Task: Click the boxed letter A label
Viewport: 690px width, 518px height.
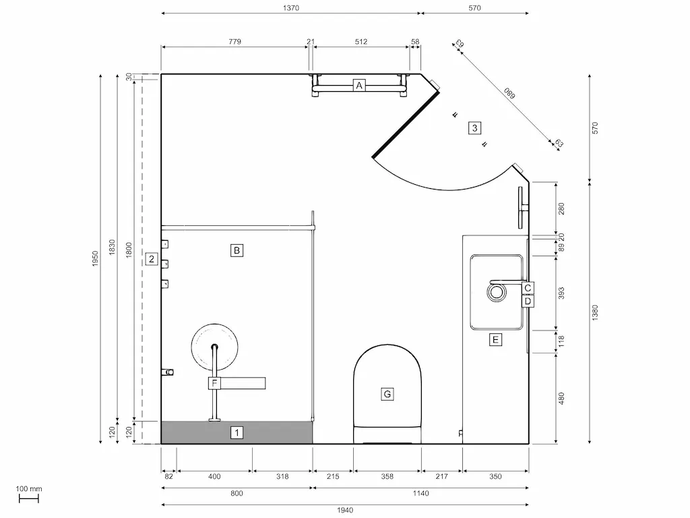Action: point(359,86)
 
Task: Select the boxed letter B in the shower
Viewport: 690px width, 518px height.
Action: point(237,251)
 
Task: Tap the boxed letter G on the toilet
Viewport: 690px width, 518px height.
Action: point(387,394)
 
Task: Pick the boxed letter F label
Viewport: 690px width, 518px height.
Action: point(214,384)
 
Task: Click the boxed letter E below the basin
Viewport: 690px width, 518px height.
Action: point(496,340)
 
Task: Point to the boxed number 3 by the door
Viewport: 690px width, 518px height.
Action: point(475,127)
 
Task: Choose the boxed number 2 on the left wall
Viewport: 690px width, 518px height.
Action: point(152,258)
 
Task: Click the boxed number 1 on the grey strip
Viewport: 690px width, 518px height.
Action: point(237,432)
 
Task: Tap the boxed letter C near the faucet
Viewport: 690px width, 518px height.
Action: point(528,288)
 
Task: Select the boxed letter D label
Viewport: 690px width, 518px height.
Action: point(528,301)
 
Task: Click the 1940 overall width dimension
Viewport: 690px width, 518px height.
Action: point(345,510)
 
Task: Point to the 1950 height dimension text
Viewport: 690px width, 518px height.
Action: point(95,258)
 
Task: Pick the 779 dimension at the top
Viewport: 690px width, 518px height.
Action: point(234,42)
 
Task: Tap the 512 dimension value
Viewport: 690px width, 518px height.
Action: point(360,42)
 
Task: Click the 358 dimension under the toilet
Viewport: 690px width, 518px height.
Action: point(387,477)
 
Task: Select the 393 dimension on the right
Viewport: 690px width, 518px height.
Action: point(561,293)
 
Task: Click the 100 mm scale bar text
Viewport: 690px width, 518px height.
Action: point(29,489)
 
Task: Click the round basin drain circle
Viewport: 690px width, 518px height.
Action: point(497,291)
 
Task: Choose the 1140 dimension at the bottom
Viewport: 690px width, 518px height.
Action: point(420,494)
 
